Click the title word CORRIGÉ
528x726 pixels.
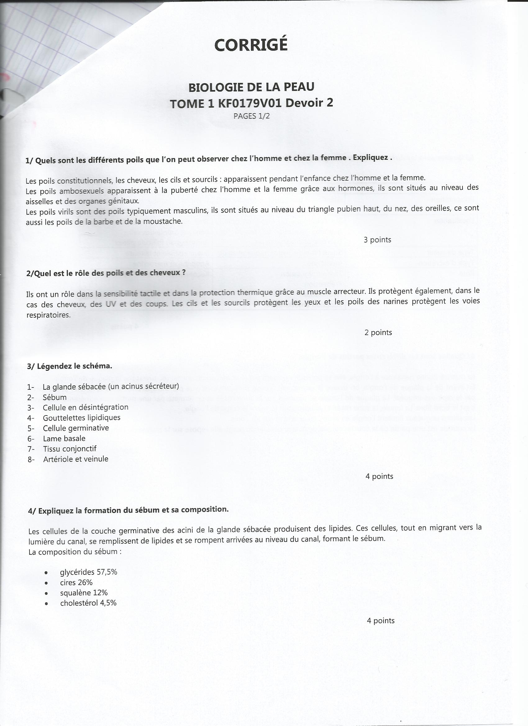[251, 45]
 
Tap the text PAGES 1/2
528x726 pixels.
[251, 116]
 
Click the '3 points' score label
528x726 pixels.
[377, 240]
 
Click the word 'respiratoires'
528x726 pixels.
[48, 315]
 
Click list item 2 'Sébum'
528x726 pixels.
[55, 397]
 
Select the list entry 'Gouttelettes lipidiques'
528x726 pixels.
[82, 418]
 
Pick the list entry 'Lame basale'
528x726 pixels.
[64, 438]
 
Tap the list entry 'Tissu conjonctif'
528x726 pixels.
[70, 449]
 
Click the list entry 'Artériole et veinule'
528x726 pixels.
[76, 459]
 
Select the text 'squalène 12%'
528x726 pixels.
[84, 593]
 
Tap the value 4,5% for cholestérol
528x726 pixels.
[108, 603]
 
